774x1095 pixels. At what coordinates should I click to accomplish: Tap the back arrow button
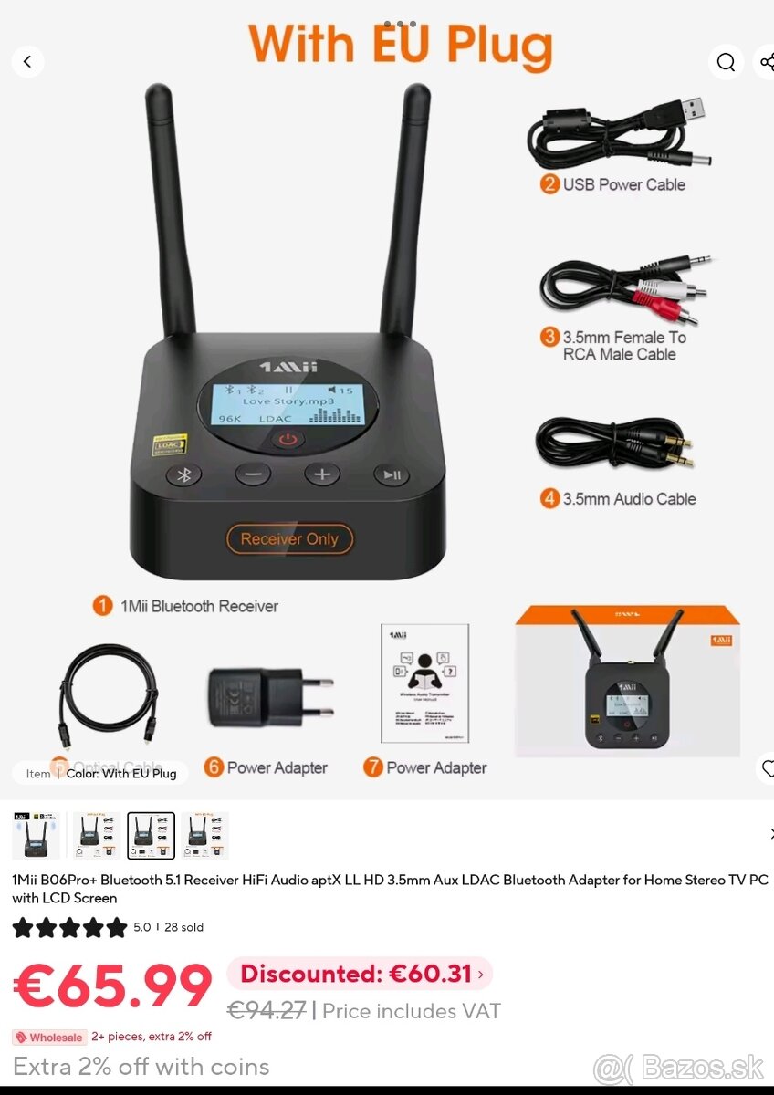tap(27, 62)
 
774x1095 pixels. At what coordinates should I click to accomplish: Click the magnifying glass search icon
tap(726, 62)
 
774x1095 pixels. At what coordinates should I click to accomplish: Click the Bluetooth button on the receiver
tap(183, 474)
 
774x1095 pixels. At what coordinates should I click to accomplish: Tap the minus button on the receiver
tap(253, 474)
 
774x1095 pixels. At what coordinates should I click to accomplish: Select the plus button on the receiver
tap(321, 474)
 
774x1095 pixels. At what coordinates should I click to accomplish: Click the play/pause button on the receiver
tap(391, 474)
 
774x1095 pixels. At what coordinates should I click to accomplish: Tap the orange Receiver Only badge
tap(289, 539)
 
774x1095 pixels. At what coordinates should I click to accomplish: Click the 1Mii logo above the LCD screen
tap(288, 367)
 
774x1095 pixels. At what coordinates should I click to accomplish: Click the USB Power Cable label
tap(622, 184)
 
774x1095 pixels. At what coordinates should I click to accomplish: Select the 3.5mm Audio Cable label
tap(628, 499)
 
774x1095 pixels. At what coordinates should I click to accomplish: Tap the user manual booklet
tap(424, 684)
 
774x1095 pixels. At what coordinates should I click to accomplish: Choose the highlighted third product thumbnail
tap(151, 836)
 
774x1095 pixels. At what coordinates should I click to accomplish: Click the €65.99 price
tap(112, 986)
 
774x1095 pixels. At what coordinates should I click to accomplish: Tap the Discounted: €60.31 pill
tap(360, 974)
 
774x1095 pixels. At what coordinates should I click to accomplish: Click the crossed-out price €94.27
tap(266, 1011)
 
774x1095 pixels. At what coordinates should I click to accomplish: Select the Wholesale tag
tap(49, 1038)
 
